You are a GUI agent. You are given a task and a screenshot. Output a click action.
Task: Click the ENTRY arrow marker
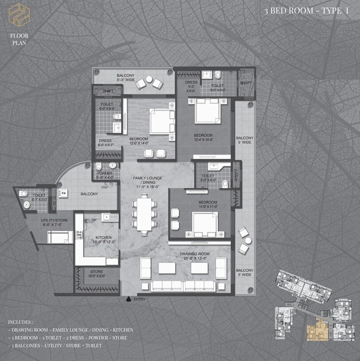click(x=128, y=299)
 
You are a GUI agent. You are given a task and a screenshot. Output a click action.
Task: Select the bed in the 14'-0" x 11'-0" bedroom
click(x=205, y=224)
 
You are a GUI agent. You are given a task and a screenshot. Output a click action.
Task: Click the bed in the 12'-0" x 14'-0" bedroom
click(x=162, y=122)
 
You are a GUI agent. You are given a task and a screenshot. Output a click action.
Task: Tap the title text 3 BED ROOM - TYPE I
click(x=306, y=11)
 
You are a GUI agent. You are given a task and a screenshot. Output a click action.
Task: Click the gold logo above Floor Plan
click(x=19, y=14)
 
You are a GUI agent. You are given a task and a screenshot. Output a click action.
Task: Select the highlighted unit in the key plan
click(x=318, y=330)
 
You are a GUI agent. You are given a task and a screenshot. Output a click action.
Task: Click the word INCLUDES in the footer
click(x=20, y=322)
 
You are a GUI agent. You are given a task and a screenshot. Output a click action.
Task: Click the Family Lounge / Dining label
click(x=147, y=180)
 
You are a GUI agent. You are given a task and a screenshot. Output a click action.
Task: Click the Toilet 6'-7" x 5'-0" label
click(x=39, y=197)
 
